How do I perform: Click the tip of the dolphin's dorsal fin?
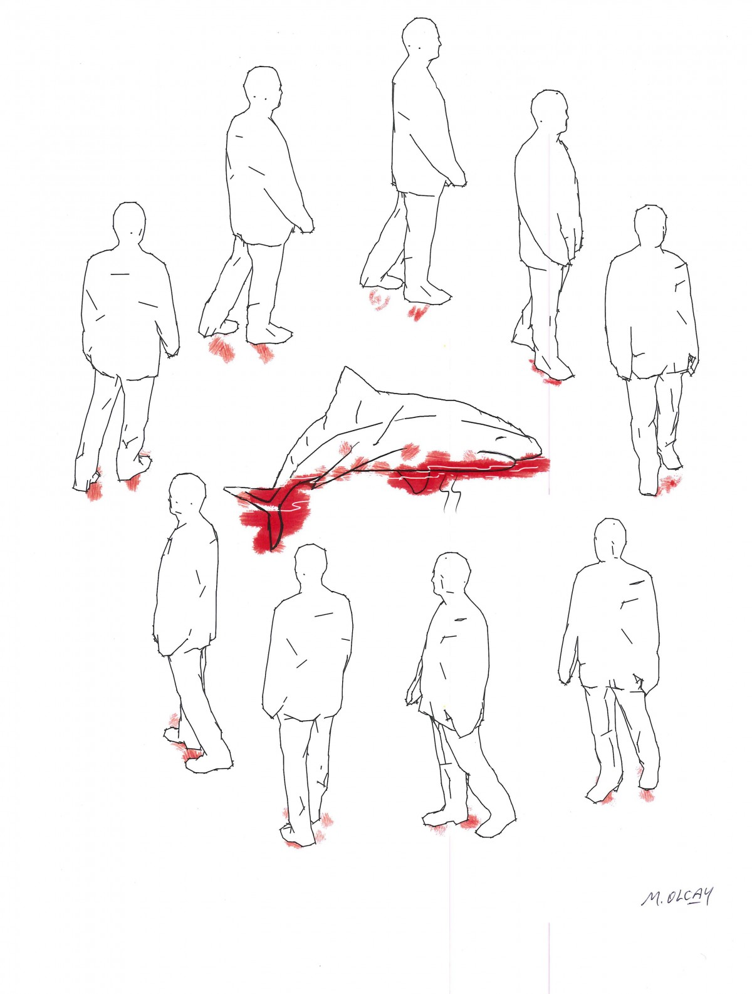click(x=345, y=367)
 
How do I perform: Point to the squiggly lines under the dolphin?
click(x=451, y=498)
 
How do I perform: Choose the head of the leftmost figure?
click(x=132, y=224)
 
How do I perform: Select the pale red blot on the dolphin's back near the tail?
click(x=345, y=448)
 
